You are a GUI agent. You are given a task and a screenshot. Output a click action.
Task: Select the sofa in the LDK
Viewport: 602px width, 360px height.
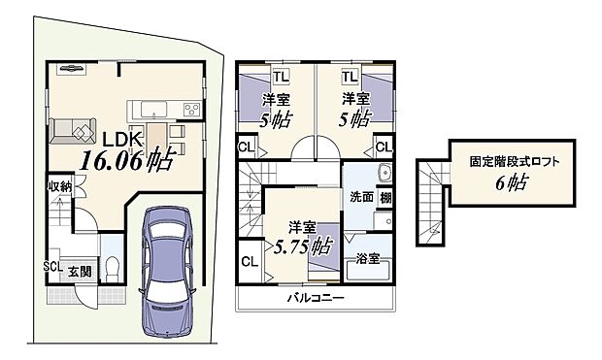[69, 127]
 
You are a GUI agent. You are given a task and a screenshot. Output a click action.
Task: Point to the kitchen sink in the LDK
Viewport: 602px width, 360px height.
[153, 106]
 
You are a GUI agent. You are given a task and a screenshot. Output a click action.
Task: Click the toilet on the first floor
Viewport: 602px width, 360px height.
[111, 265]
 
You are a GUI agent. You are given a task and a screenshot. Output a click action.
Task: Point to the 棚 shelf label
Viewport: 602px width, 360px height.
[385, 197]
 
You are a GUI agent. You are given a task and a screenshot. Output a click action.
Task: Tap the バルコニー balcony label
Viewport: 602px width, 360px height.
[316, 299]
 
